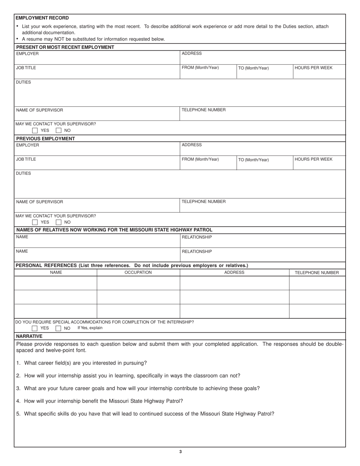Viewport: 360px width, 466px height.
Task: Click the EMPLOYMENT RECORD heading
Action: point(42,18)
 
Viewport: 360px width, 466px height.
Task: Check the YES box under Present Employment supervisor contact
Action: point(35,130)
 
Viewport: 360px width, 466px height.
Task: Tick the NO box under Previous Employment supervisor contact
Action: point(59,222)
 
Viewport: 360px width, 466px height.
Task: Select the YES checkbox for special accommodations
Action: point(35,328)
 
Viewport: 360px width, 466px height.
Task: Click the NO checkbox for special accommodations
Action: point(58,328)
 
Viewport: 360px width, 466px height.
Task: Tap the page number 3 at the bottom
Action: point(180,452)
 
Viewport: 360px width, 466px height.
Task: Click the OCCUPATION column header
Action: point(138,272)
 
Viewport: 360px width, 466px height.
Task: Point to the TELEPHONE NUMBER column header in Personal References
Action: point(317,272)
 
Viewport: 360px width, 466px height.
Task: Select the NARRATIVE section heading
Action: point(29,336)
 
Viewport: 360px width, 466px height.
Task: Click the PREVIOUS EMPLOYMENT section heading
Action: point(45,138)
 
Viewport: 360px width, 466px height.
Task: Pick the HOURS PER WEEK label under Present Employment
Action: point(313,68)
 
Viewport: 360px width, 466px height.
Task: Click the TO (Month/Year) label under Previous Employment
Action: point(254,160)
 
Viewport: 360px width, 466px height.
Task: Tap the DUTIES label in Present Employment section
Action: point(23,82)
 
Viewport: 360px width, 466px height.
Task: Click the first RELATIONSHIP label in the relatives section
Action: point(197,237)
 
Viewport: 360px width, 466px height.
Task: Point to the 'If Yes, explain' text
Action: point(90,328)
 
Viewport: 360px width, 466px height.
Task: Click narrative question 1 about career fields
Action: point(81,363)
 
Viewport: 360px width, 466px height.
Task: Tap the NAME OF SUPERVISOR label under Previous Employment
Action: point(39,202)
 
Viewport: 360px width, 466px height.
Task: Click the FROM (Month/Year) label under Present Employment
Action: point(200,68)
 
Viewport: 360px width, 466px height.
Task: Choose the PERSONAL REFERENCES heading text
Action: point(131,266)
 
